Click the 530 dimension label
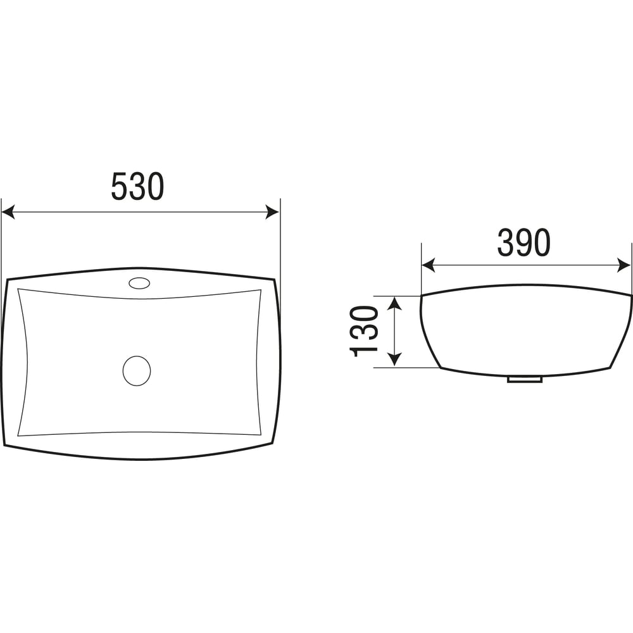[x=137, y=186]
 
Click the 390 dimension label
[x=523, y=242]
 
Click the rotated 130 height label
[x=364, y=332]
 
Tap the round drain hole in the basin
[x=137, y=370]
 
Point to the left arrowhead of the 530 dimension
[x=8, y=211]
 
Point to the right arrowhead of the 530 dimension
[x=272, y=211]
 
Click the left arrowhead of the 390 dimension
[x=429, y=265]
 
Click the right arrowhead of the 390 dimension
[x=624, y=265]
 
